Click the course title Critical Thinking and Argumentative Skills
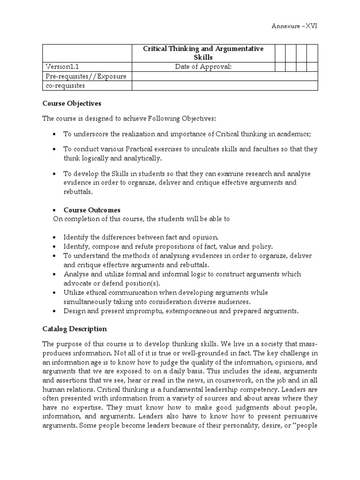[x=203, y=53]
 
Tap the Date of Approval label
[x=203, y=67]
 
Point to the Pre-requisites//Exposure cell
[x=86, y=76]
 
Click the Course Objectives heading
[x=72, y=103]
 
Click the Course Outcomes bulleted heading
[x=92, y=210]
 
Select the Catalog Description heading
[x=75, y=329]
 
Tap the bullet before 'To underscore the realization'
[x=54, y=134]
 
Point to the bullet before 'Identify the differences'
[x=54, y=237]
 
